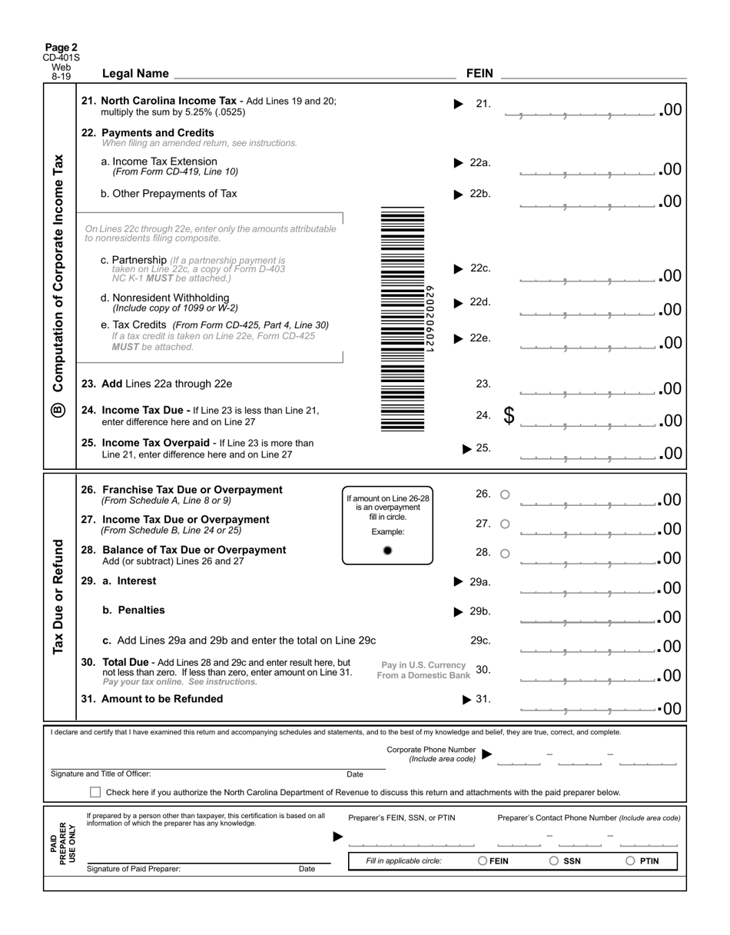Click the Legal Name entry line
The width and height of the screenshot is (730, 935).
pyautogui.click(x=315, y=74)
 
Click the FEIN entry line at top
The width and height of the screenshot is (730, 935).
pyautogui.click(x=593, y=74)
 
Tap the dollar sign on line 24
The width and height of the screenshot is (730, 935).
pyautogui.click(x=509, y=415)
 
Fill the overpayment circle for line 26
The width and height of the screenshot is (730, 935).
pyautogui.click(x=505, y=494)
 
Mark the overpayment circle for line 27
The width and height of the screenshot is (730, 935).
pyautogui.click(x=505, y=524)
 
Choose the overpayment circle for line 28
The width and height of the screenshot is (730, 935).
pyautogui.click(x=505, y=553)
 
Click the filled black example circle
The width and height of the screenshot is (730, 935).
pyautogui.click(x=387, y=550)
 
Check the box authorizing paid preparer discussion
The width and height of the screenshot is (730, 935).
pyautogui.click(x=95, y=792)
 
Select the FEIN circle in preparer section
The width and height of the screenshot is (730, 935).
pyautogui.click(x=483, y=861)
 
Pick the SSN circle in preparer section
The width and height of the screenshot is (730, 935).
pyautogui.click(x=554, y=861)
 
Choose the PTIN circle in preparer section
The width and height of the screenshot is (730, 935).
pyautogui.click(x=630, y=861)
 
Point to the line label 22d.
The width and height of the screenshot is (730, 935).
pyautogui.click(x=479, y=302)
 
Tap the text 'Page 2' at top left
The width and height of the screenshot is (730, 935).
pyautogui.click(x=61, y=47)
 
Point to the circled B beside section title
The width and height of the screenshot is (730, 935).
pyautogui.click(x=59, y=411)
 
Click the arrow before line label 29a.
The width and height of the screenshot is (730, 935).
pyautogui.click(x=459, y=582)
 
